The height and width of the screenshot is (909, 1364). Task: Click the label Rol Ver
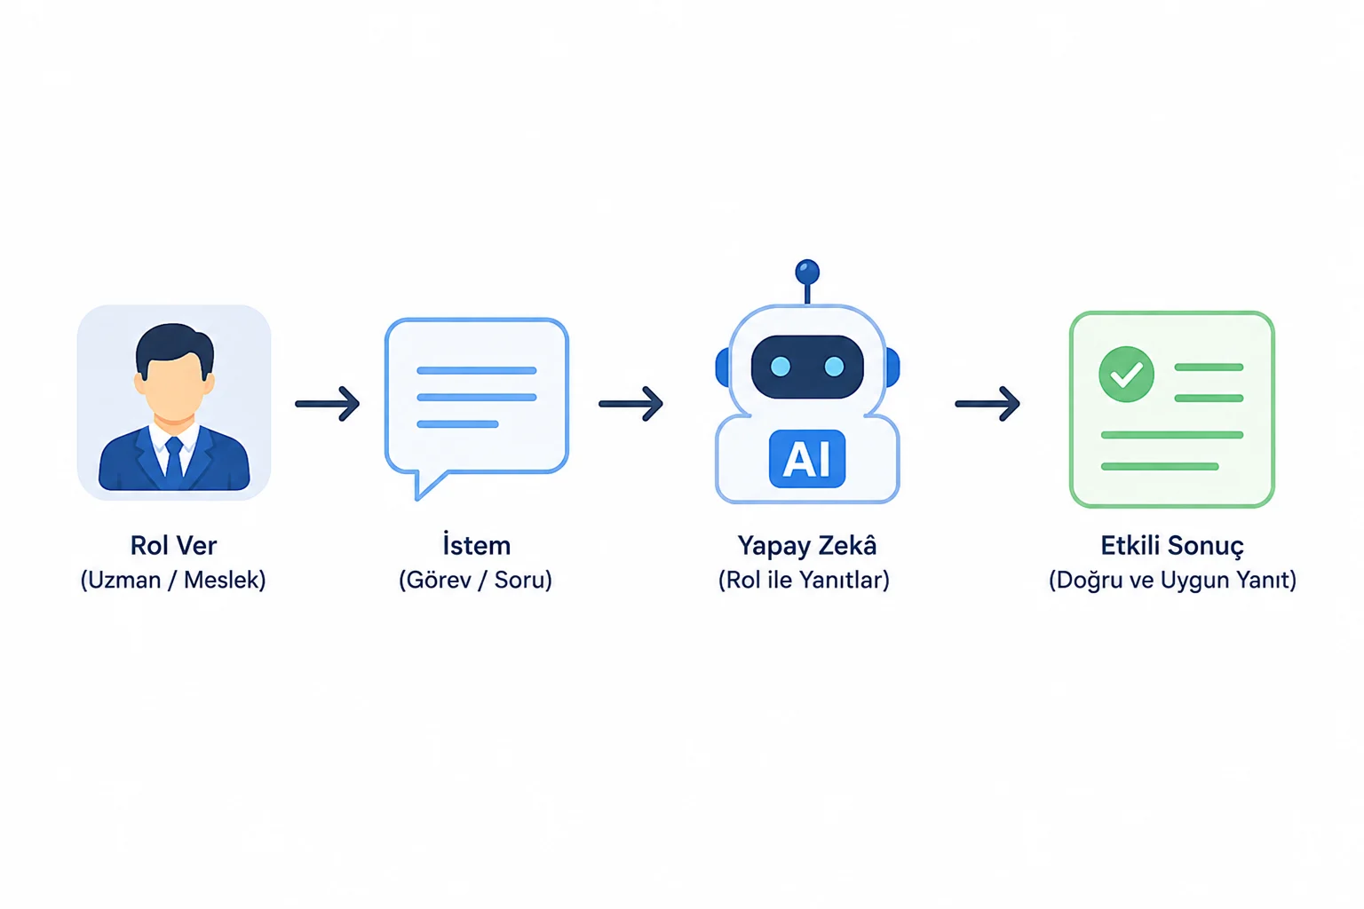tap(173, 546)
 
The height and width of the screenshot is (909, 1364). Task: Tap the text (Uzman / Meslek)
tap(173, 580)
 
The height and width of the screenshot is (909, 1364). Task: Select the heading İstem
tap(476, 544)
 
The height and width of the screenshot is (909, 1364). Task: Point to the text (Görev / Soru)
tap(476, 580)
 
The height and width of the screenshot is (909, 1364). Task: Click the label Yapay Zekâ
tap(807, 545)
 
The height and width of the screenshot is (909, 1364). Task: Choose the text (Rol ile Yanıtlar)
tap(804, 580)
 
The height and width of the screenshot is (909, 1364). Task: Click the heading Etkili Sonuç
tap(1172, 546)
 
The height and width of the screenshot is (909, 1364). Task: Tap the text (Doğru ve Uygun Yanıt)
tap(1172, 580)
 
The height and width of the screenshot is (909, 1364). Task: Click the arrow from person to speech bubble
tap(328, 404)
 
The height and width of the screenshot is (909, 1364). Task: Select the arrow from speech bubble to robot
tap(630, 404)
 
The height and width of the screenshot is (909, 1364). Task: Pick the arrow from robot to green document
tap(987, 404)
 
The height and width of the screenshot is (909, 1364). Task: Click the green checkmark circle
tap(1126, 375)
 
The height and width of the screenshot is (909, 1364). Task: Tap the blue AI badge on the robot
tap(807, 459)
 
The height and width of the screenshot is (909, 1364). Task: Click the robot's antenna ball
tap(807, 273)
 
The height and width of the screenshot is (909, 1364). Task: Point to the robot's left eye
tap(781, 367)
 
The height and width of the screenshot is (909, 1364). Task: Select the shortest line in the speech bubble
tap(458, 424)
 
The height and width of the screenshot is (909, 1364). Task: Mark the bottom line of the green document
tap(1160, 467)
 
